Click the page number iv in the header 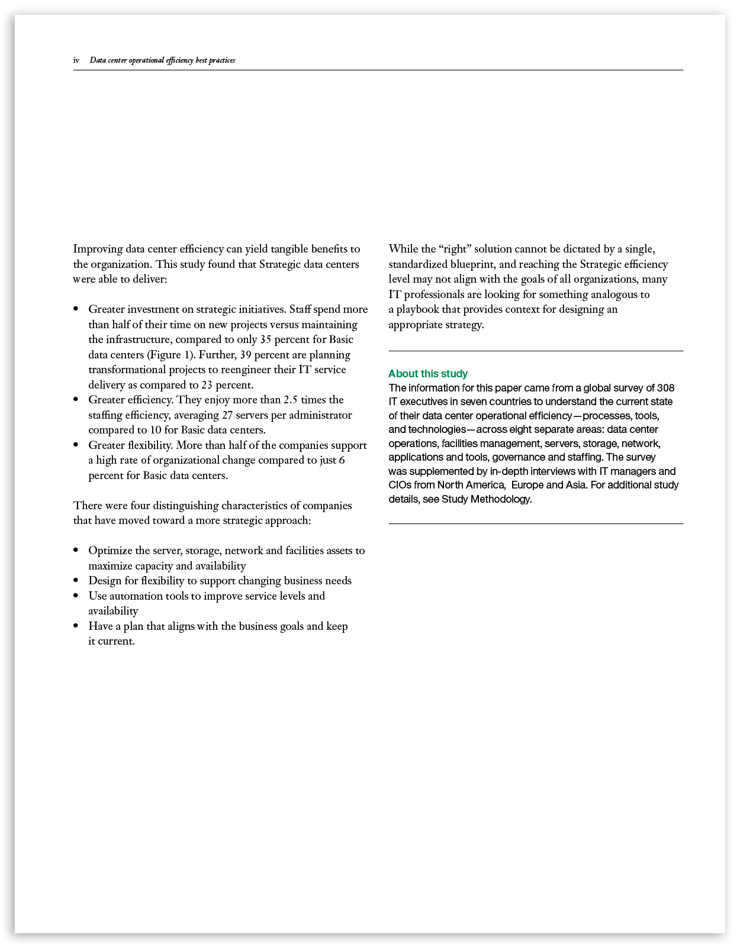76,60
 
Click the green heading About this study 427,374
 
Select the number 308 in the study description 665,388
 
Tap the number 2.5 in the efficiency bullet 290,400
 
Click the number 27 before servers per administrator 227,415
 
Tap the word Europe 527,485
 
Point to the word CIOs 400,485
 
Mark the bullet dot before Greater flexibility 76,445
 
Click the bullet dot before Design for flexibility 76,581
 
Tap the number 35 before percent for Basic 265,339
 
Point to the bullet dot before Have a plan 76,626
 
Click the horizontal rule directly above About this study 535,351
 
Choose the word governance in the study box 520,457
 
